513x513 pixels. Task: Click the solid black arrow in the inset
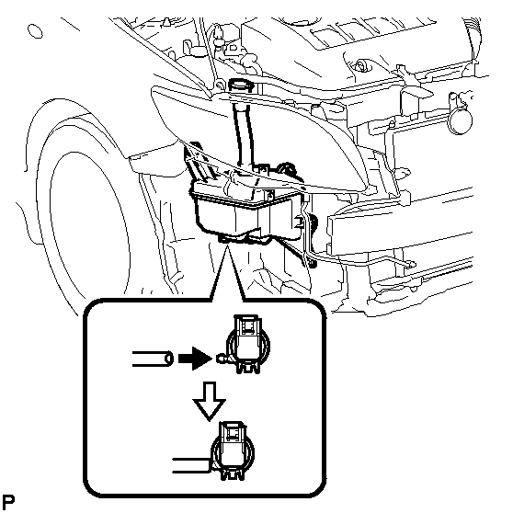[x=195, y=359]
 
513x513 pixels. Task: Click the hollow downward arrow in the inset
[x=210, y=401]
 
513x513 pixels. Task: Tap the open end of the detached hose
[x=169, y=359]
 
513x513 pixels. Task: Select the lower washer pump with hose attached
[x=233, y=451]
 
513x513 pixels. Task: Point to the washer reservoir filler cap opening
[x=241, y=85]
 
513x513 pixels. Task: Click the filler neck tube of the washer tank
[x=244, y=131]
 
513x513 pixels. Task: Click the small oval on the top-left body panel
[x=35, y=31]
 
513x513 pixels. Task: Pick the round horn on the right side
[x=461, y=120]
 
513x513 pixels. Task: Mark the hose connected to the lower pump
[x=191, y=465]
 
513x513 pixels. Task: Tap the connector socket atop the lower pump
[x=232, y=432]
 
